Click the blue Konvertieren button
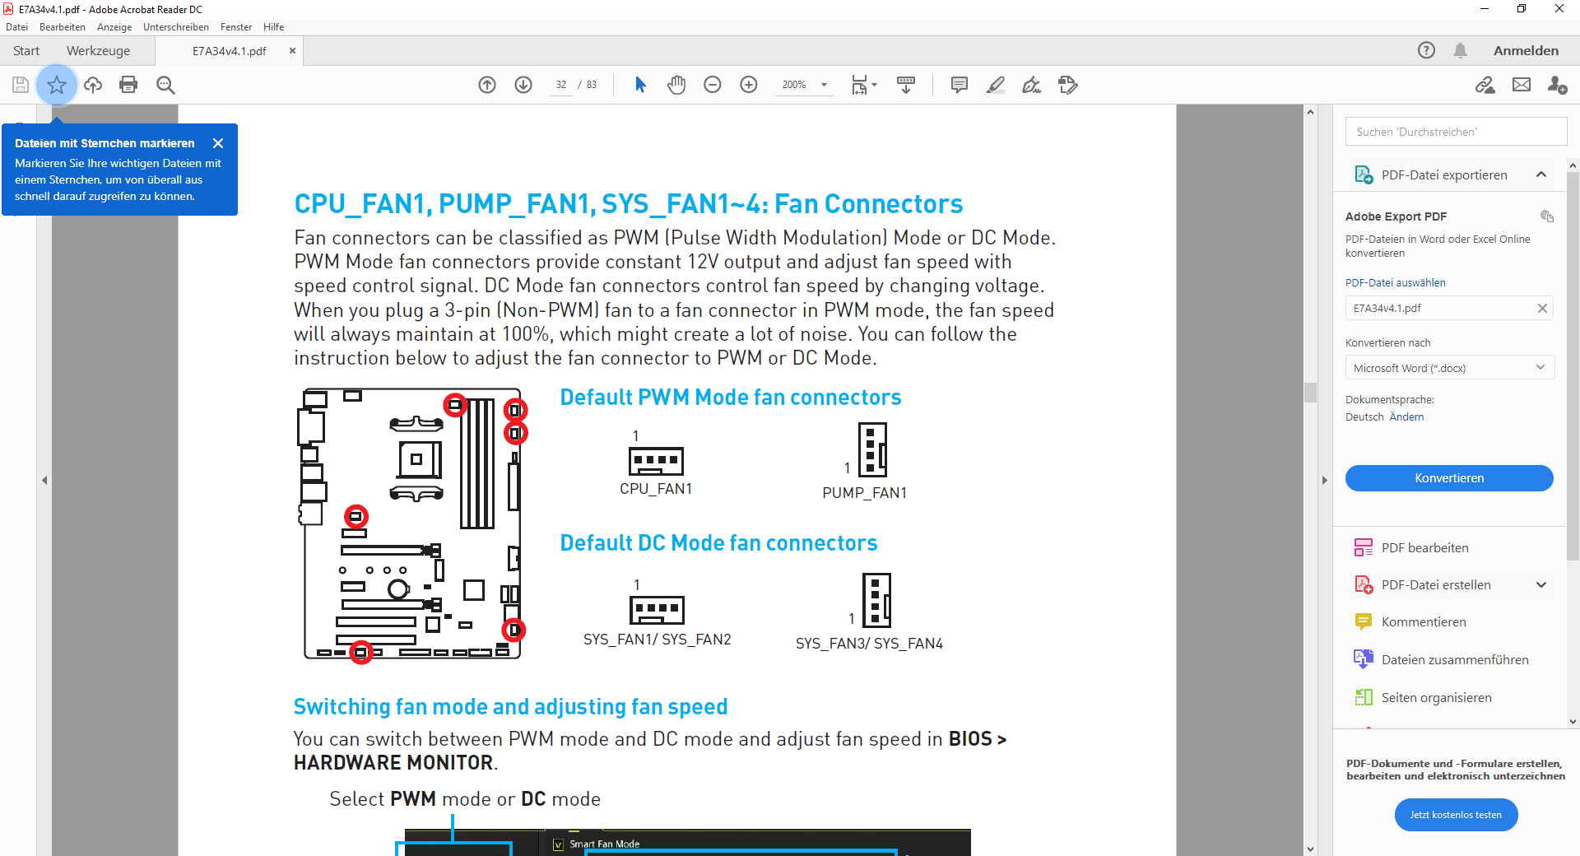pos(1449,478)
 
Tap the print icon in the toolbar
pos(128,85)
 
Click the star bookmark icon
pos(57,85)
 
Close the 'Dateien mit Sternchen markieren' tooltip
pos(218,143)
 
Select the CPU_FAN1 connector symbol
pos(656,461)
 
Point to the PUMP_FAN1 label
pos(864,493)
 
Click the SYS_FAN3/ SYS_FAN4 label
pos(869,644)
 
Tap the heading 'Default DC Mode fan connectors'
pos(718,543)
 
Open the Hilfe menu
pos(273,27)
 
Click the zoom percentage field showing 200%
pos(794,85)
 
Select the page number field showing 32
pos(561,85)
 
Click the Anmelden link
pos(1526,51)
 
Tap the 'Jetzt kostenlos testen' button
pos(1456,815)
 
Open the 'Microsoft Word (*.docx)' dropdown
pos(1449,368)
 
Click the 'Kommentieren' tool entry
pos(1424,622)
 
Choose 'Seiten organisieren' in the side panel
pos(1436,698)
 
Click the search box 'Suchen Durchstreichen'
pos(1456,132)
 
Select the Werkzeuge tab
pos(98,51)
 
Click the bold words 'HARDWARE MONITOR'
pos(393,763)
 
